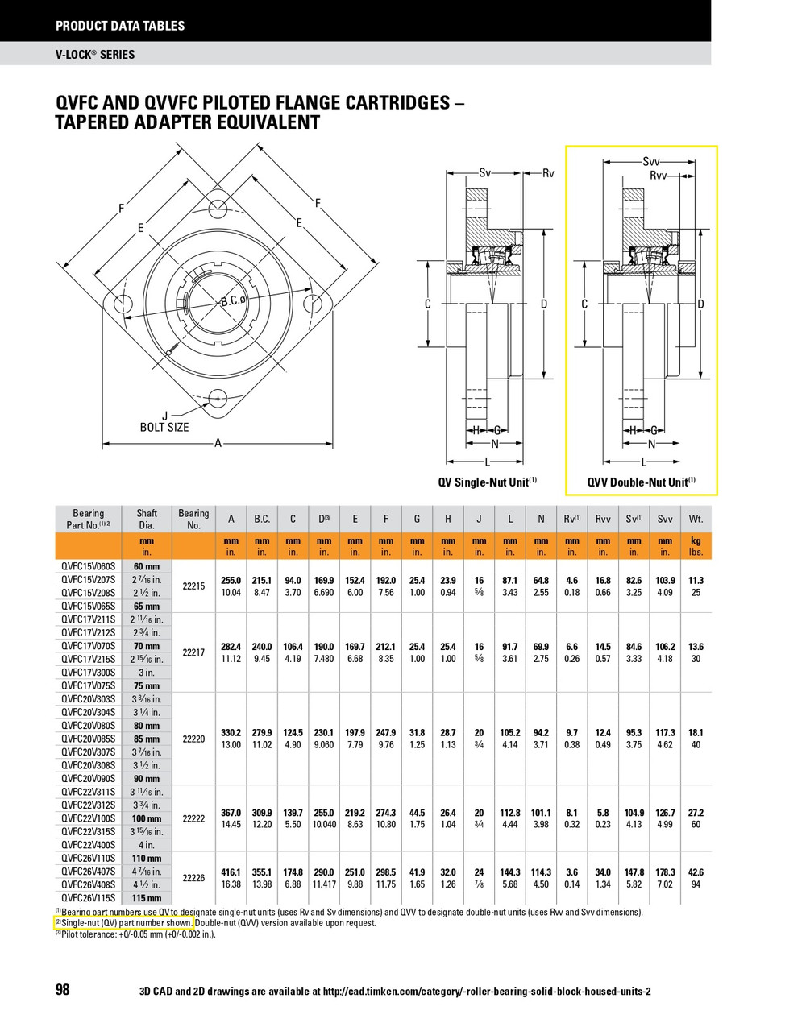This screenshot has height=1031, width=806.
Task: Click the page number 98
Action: [63, 990]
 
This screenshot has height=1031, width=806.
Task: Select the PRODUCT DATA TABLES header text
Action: [120, 26]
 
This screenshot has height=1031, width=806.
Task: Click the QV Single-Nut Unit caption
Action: [487, 482]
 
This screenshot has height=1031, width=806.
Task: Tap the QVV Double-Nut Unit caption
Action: [641, 482]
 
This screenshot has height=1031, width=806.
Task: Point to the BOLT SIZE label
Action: [164, 427]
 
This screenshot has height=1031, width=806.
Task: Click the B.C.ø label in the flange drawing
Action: [233, 301]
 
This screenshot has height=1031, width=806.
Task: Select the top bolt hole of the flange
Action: [217, 207]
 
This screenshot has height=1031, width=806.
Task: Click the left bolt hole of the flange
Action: [123, 304]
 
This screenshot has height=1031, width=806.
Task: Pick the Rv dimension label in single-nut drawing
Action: [548, 173]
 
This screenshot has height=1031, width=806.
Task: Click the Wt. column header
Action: [696, 520]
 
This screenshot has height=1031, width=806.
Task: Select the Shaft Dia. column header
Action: [147, 520]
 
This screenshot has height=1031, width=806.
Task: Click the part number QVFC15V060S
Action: [89, 566]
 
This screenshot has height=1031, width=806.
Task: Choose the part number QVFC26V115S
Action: [89, 898]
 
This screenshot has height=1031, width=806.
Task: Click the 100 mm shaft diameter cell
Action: [147, 818]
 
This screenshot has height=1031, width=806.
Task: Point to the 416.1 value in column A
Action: [231, 872]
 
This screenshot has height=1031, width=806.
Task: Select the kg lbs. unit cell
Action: [696, 547]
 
